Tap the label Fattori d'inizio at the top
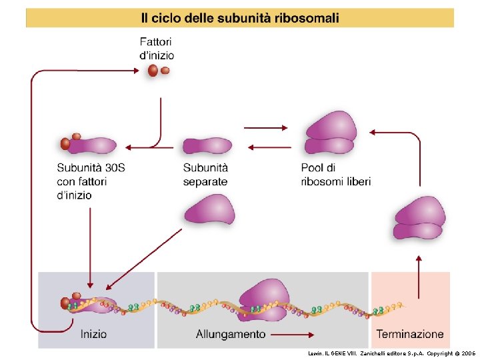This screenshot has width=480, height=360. coord(156,49)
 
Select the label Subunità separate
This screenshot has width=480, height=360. coord(205,175)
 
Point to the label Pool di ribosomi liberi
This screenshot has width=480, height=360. coord(335,175)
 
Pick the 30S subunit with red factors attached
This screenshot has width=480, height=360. coord(88,144)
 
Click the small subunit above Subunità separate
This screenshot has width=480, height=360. coord(207,145)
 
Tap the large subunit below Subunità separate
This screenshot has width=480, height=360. coord(209,209)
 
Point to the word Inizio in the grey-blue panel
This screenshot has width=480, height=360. coord(93,333)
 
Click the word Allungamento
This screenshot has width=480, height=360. coord(231,334)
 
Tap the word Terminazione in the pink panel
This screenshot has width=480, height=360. coord(410,333)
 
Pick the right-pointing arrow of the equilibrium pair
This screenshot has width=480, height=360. coord(265,127)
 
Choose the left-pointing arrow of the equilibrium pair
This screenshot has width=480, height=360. coord(265,148)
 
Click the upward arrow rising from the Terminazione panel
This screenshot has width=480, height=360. coord(419,276)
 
